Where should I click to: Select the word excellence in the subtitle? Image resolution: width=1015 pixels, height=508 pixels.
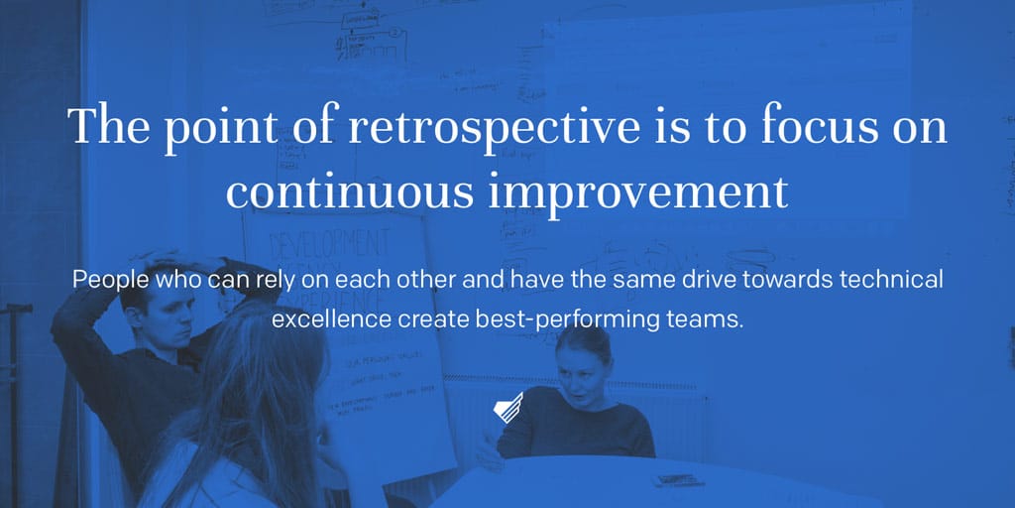(x=330, y=320)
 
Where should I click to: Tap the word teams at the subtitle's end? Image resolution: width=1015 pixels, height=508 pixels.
(x=706, y=320)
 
